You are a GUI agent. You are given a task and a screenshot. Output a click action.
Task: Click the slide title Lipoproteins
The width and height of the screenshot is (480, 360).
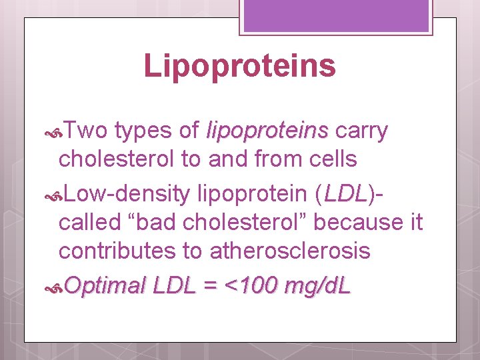pos(239,66)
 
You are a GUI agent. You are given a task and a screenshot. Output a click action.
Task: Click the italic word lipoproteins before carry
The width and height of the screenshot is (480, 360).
pos(268,131)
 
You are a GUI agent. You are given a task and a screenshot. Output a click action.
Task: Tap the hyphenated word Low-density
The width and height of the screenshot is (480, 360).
pos(127,194)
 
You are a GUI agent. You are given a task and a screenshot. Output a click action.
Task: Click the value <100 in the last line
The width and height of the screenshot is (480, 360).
pos(253,286)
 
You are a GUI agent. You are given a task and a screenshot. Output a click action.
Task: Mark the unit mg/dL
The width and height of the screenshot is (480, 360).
pos(317,286)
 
